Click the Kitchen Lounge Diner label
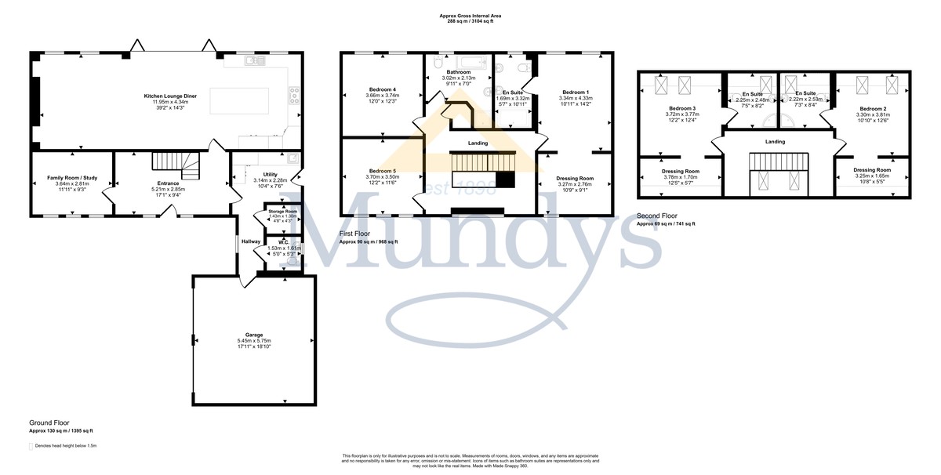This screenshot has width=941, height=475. tap(170, 96)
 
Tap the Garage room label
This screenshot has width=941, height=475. tap(253, 334)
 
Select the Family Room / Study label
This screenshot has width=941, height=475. tap(71, 179)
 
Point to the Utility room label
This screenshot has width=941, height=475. tap(271, 175)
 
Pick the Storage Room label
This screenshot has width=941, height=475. tap(282, 211)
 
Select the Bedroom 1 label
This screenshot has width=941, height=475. tap(575, 92)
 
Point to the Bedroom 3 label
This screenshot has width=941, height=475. tap(682, 108)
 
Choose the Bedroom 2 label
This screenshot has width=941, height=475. tap(872, 108)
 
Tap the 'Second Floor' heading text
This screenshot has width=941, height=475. tap(657, 216)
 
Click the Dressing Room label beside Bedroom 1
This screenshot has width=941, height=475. tap(575, 179)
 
